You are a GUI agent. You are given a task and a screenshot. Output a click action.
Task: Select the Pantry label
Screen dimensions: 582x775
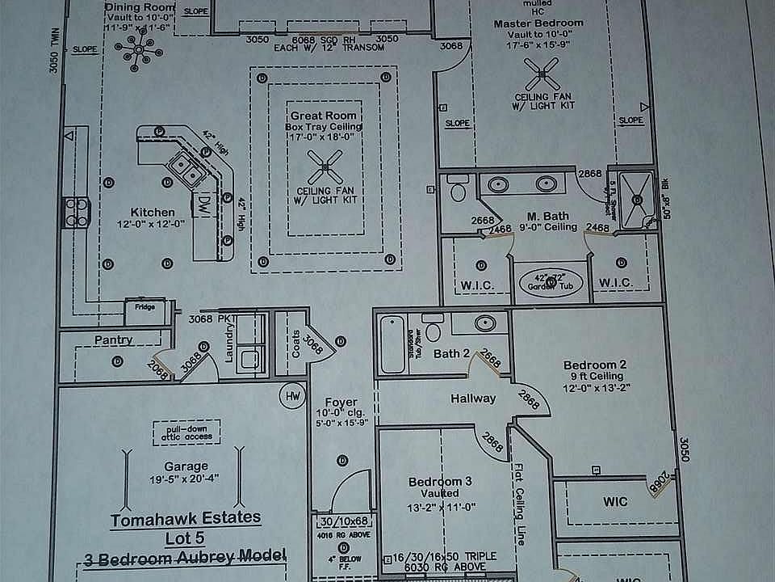point(113,339)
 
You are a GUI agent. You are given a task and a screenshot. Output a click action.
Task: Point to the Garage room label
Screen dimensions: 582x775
point(186,466)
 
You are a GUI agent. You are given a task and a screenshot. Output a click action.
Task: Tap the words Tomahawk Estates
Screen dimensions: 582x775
point(186,517)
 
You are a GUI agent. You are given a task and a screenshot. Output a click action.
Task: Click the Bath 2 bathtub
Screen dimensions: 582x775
point(392,344)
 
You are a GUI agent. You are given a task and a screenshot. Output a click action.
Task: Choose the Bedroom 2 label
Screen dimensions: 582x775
point(593,365)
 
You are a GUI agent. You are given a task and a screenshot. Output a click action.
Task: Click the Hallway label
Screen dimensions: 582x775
point(473,398)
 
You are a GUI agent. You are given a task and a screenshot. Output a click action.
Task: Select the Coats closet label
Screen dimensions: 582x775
point(295,348)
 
